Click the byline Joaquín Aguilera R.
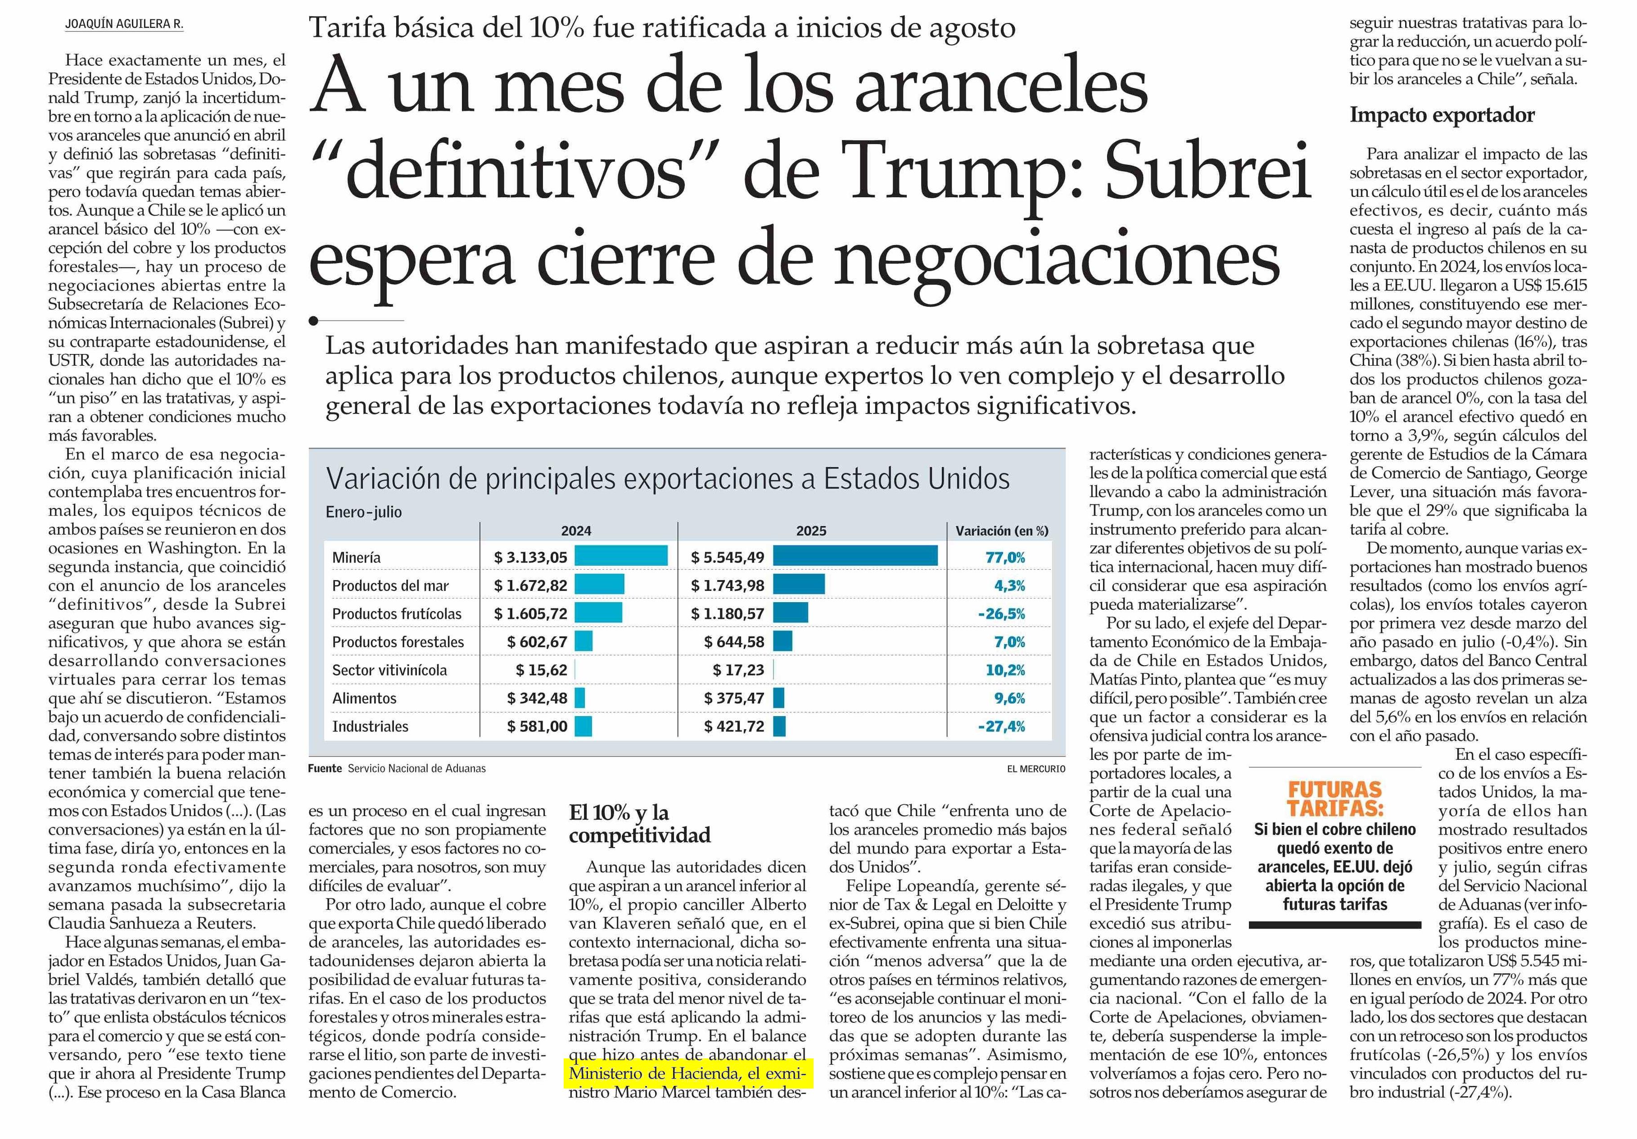(124, 23)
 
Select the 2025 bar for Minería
(855, 556)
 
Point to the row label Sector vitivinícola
(389, 670)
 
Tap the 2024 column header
(576, 531)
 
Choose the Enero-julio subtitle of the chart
(364, 512)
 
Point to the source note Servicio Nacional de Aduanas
(416, 768)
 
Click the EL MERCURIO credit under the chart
(1036, 769)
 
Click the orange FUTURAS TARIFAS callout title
(1335, 799)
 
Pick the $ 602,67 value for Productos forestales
(537, 642)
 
